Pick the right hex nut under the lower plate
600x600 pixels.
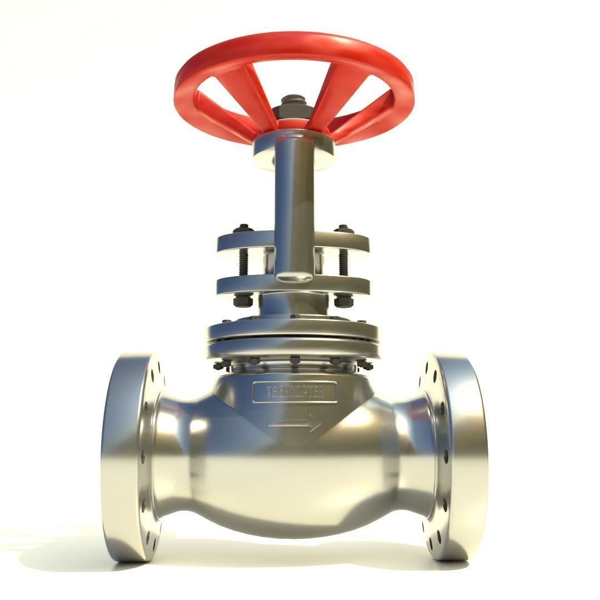[343, 301]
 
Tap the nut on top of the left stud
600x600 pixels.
[243, 228]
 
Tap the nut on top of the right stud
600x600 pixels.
[343, 228]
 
